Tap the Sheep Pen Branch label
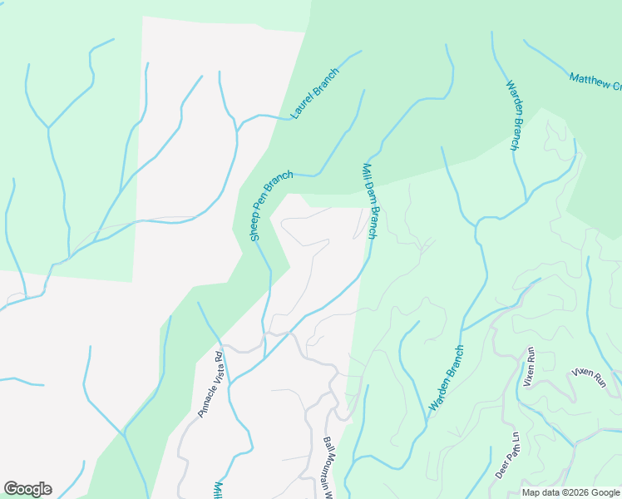pos(272,205)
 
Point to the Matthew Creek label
pos(595,81)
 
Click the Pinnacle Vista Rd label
pos(211,384)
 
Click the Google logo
pos(27,489)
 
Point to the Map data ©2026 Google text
pos(571,492)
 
